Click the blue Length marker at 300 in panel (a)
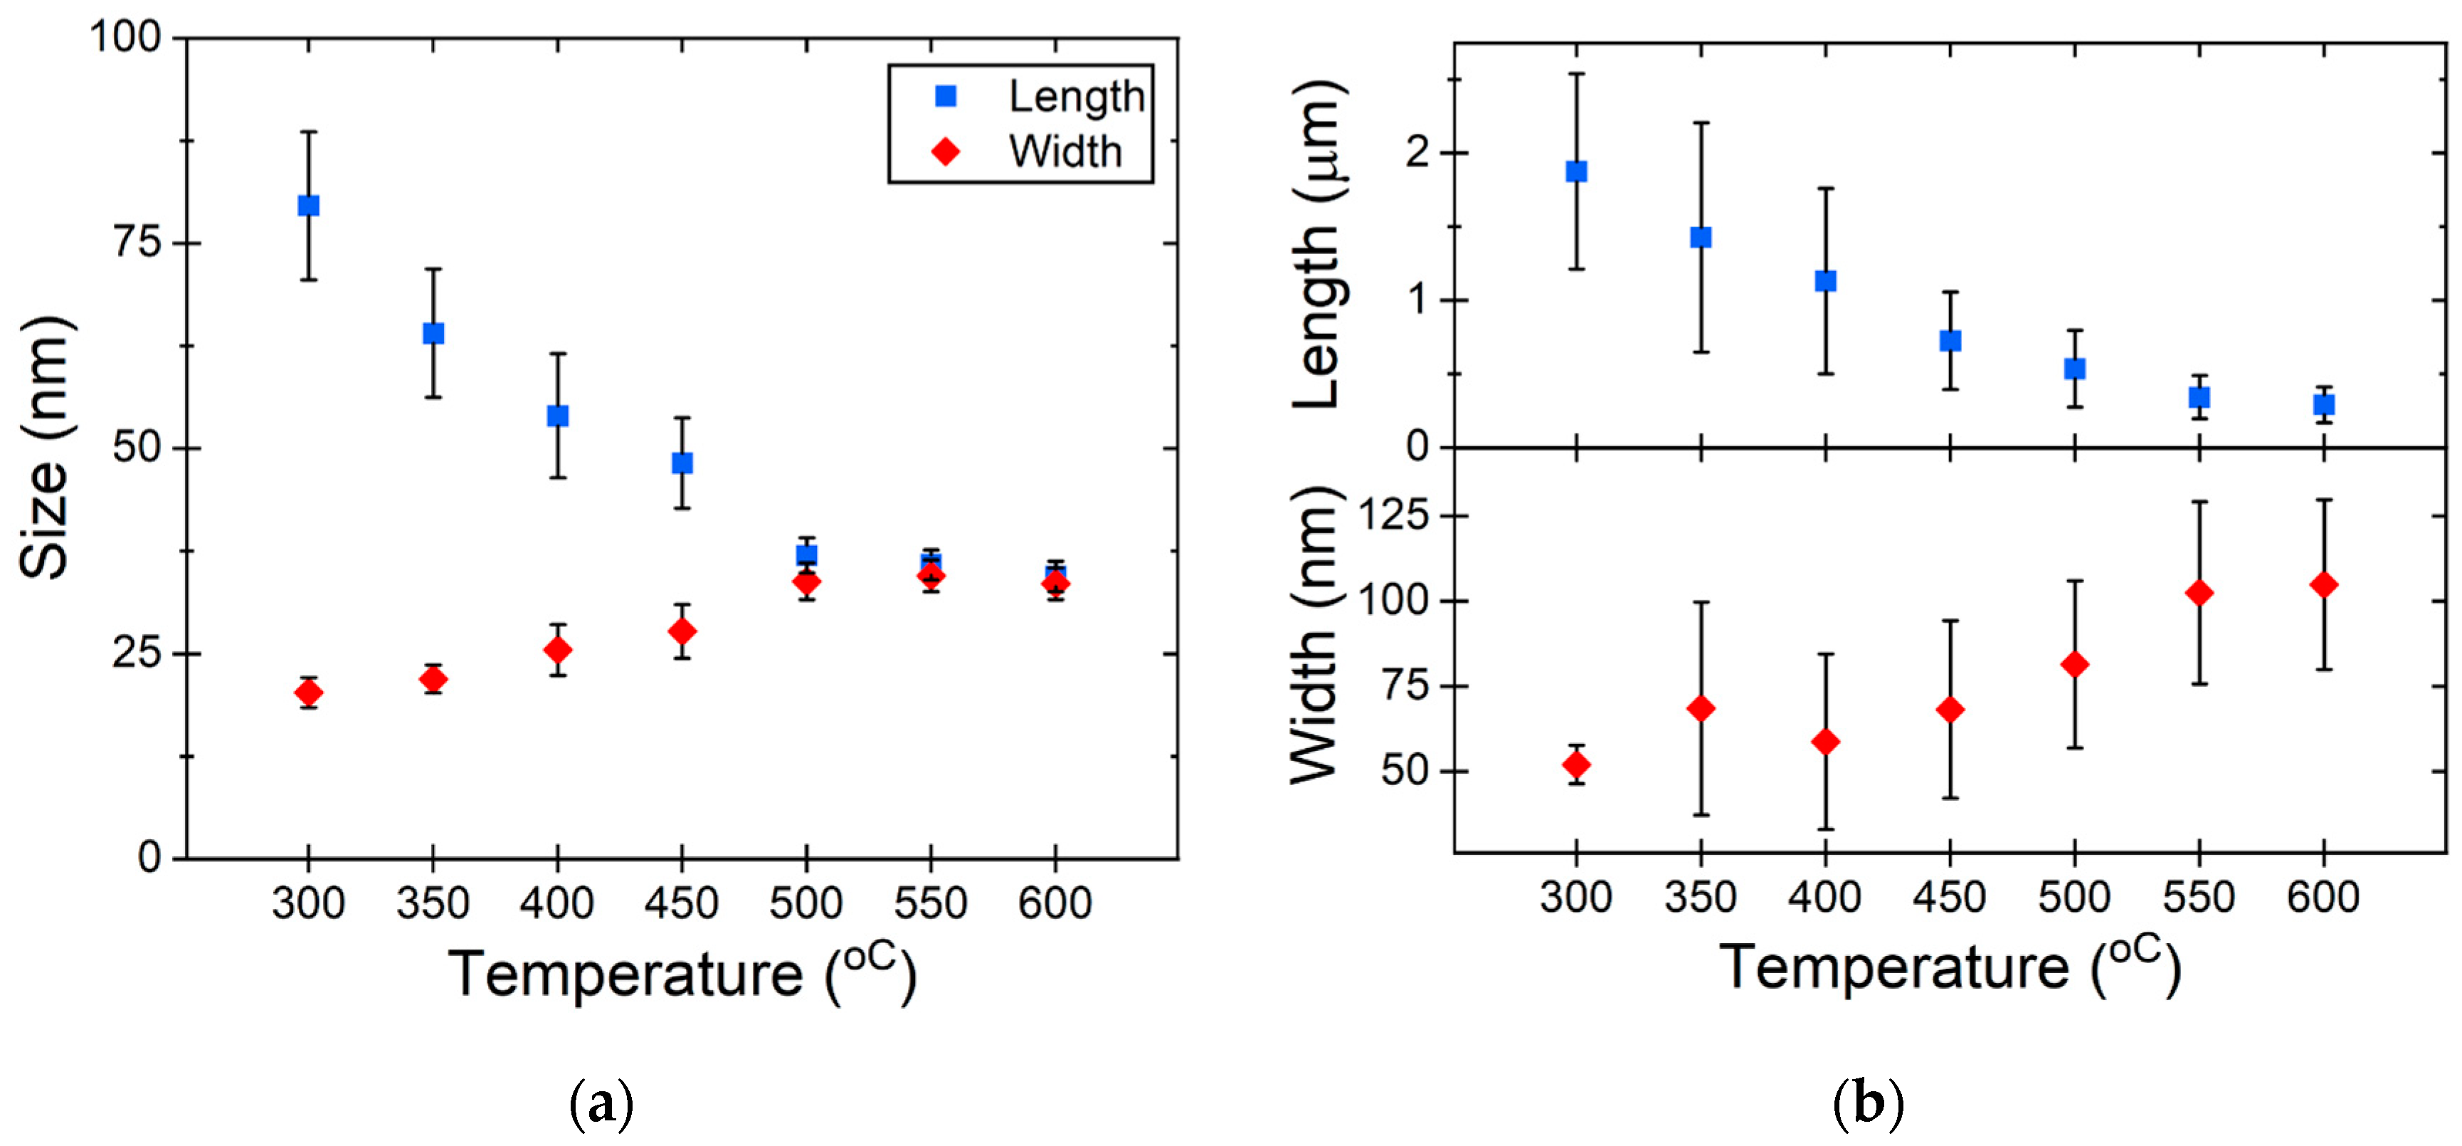click(x=307, y=206)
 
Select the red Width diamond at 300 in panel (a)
click(x=307, y=692)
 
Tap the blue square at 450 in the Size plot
click(x=682, y=463)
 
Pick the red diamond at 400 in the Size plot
click(x=557, y=650)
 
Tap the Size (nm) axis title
click(x=45, y=447)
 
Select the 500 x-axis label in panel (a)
click(x=805, y=903)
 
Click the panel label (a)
click(x=601, y=1105)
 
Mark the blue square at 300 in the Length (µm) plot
click(x=1576, y=171)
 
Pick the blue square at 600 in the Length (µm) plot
click(x=2323, y=404)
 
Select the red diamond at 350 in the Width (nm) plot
click(x=1700, y=708)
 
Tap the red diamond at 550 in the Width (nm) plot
click(x=2199, y=593)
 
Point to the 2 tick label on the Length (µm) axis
click(x=1417, y=153)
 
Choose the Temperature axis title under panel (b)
click(x=1950, y=968)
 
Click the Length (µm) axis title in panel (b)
click(x=1319, y=243)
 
